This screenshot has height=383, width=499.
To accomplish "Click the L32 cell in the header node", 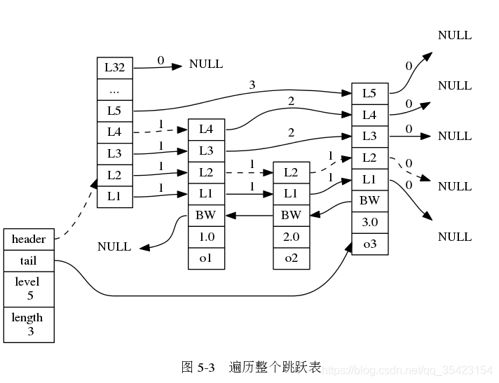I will coord(114,68).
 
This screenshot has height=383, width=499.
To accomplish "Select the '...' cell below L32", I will coord(114,90).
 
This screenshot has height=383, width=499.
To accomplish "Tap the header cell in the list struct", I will coord(29,239).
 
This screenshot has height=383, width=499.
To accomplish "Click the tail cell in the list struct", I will coord(29,261).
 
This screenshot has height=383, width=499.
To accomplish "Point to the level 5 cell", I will coord(29,288).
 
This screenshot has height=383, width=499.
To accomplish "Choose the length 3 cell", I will coord(29,324).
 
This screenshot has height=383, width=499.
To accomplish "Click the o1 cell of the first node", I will coord(206,258).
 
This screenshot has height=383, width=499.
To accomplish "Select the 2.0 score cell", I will coord(291,237).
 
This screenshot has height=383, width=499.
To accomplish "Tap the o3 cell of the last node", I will coord(369,244).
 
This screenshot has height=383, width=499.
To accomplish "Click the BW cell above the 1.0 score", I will coord(206,215).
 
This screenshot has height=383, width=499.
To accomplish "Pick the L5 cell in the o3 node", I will coord(369,92).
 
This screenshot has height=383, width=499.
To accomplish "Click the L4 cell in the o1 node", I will coord(206,129).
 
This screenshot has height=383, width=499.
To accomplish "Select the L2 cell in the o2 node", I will coord(291,172).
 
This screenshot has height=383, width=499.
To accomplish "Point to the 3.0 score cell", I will coord(369,222).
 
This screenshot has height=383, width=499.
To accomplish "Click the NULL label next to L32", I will coord(206,64).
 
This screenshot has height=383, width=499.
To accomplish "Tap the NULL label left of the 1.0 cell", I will coord(114,247).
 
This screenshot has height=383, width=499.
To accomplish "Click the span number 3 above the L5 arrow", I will coord(252,85).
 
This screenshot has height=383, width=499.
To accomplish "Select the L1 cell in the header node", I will coord(114,197).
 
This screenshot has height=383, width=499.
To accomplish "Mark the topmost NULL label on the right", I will coord(455,35).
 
